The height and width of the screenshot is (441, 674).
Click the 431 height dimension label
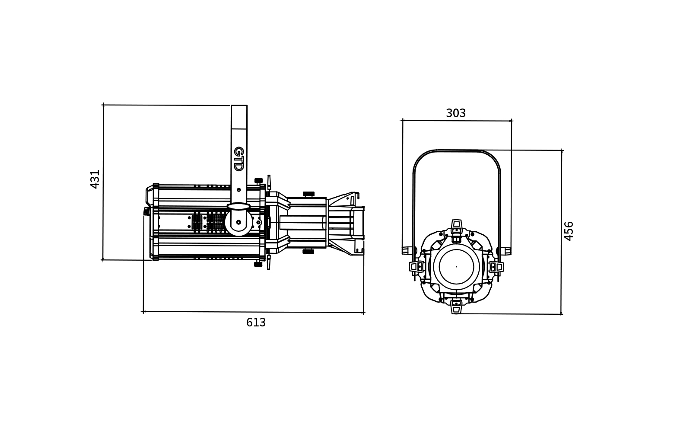(95, 179)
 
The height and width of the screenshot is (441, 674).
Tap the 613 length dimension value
(256, 323)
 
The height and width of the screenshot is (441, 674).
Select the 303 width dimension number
(455, 113)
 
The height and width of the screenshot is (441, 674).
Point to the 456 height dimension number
(569, 231)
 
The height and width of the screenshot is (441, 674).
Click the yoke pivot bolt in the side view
(238, 222)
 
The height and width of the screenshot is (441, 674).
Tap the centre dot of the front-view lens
(456, 267)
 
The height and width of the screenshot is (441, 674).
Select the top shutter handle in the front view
(457, 227)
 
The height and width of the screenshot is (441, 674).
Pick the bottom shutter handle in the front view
(457, 307)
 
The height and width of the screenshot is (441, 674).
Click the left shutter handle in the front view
(416, 267)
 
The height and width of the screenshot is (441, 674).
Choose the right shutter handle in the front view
(496, 267)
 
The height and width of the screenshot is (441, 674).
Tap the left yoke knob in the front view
(407, 250)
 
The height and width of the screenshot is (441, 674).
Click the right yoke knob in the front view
(505, 250)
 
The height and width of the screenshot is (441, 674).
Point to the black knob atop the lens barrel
(308, 194)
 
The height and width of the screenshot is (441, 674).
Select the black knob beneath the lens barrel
(308, 251)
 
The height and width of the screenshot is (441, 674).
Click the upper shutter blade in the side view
(269, 182)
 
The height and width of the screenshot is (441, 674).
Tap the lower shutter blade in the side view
(269, 262)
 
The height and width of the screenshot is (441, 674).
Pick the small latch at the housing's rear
(146, 211)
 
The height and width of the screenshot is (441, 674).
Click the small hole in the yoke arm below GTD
(238, 190)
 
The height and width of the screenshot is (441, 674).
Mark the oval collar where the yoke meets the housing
(238, 206)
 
